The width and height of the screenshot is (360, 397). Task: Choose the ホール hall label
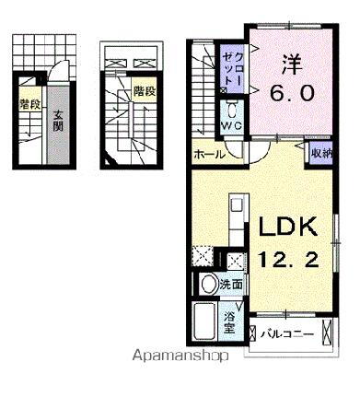(210, 155)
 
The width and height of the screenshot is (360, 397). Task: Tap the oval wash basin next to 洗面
(208, 285)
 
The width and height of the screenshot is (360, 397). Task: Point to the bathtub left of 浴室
(205, 324)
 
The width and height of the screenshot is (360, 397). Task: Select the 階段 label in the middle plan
(143, 91)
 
